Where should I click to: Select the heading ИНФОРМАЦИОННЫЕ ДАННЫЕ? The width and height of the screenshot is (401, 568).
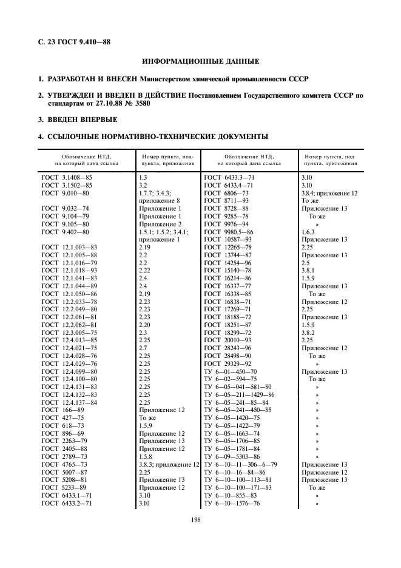(x=201, y=62)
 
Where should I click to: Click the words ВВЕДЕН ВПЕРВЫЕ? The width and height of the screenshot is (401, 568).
(x=81, y=120)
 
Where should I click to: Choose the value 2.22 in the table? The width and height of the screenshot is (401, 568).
(x=144, y=270)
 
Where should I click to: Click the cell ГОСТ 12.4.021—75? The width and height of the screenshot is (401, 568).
(x=69, y=348)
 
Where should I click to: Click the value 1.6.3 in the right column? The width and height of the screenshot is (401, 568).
(x=309, y=232)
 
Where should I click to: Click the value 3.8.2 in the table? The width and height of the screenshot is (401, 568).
(x=309, y=333)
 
